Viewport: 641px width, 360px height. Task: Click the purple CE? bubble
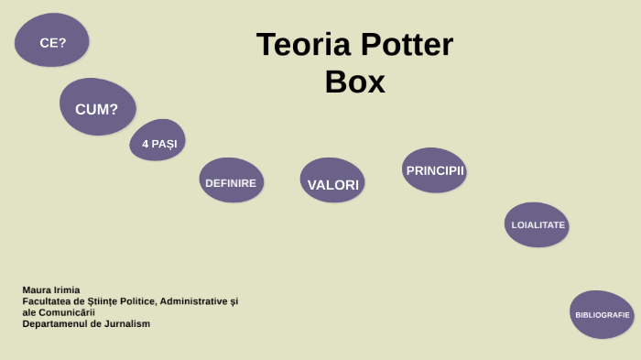coord(52,41)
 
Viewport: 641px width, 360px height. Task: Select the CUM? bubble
coord(97,108)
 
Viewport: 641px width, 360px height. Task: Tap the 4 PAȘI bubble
coord(158,142)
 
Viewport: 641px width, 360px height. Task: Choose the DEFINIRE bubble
coord(231,181)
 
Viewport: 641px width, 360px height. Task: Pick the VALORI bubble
coord(332,183)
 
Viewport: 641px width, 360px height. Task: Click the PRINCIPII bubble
coord(435,170)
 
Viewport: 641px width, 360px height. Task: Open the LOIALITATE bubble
coord(538,224)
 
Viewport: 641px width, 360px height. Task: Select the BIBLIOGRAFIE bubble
coord(602,314)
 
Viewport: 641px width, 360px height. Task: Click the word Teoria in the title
coord(301,45)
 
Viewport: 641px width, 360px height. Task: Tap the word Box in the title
coord(354,82)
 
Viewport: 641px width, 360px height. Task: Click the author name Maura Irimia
coord(51,289)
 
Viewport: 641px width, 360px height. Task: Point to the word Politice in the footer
coord(134,300)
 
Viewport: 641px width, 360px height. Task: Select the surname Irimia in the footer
coord(67,289)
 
